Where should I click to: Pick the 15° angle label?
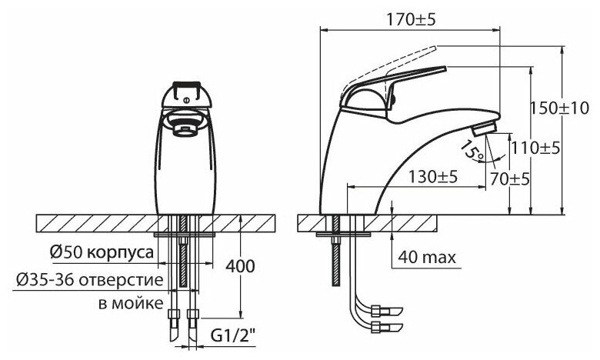[x=471, y=152]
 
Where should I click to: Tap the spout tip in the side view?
[x=487, y=129]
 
